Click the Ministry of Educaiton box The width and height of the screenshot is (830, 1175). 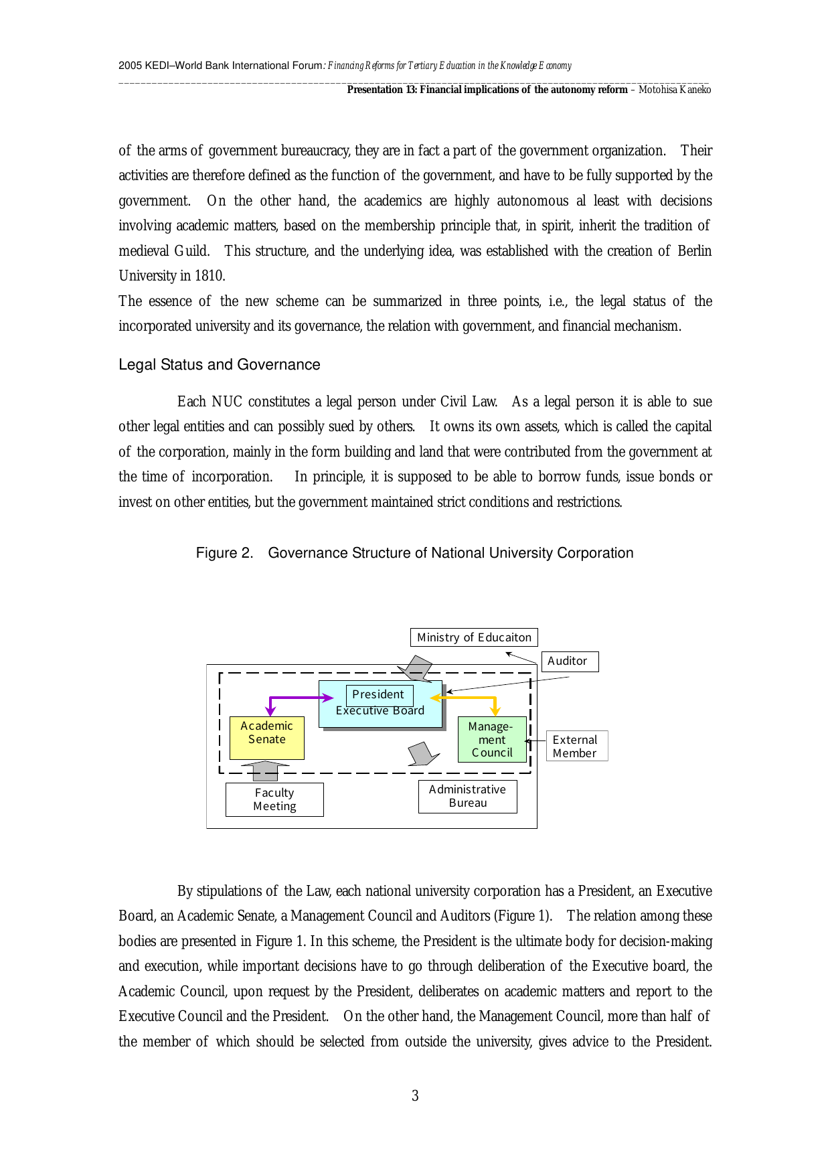[474, 637]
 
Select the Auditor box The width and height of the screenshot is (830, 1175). [570, 661]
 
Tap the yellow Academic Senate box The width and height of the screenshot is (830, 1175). [266, 738]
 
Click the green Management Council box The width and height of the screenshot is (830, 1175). [492, 740]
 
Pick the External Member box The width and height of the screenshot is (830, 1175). [576, 746]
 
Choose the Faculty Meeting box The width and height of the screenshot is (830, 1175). [274, 799]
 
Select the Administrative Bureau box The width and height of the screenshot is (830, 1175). [467, 797]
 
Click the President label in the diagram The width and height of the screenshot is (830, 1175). [379, 694]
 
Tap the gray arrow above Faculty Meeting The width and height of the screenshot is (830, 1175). [266, 770]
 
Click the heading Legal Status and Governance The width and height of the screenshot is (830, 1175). [220, 365]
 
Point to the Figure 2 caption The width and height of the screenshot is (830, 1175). [414, 553]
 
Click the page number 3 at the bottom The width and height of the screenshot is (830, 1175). [415, 1096]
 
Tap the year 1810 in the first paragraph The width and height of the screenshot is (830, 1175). [209, 276]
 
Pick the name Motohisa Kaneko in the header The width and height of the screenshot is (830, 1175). [675, 90]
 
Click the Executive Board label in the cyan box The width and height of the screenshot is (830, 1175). [380, 711]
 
